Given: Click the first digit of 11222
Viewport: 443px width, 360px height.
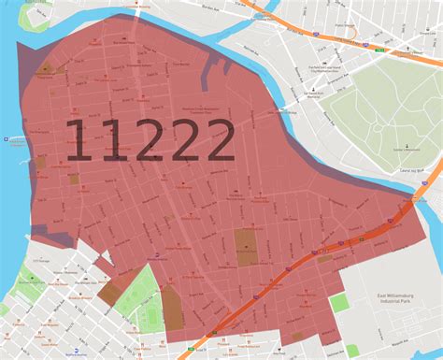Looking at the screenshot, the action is pyautogui.click(x=79, y=143).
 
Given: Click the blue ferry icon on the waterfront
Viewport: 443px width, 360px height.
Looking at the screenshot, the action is pyautogui.click(x=7, y=139).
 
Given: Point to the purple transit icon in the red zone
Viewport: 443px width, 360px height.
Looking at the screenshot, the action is pyautogui.click(x=159, y=251).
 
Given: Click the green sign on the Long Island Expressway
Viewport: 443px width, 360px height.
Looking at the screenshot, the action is pyautogui.click(x=317, y=34).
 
